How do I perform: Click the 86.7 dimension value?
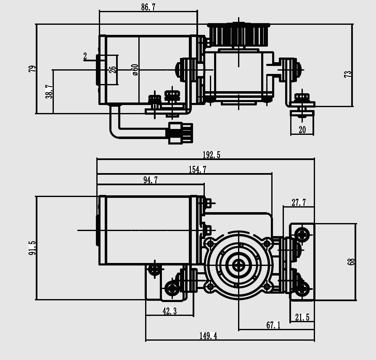[x=148, y=7]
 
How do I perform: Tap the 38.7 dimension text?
[x=49, y=92]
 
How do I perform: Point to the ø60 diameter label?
[x=135, y=70]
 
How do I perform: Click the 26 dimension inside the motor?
[x=112, y=70]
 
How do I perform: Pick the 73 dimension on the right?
[x=348, y=74]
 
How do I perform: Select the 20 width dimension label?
[x=302, y=130]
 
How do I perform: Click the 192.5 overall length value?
[x=211, y=155]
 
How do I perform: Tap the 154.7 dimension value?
[x=197, y=170]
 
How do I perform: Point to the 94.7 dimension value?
[x=150, y=180]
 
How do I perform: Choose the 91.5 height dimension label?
[x=32, y=248]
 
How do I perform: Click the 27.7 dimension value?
[x=299, y=203]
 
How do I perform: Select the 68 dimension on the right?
[x=351, y=261]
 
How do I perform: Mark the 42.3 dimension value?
[x=169, y=311]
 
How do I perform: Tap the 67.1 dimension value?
[x=273, y=325]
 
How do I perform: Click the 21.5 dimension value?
[x=302, y=318]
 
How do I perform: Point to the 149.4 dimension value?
[x=208, y=336]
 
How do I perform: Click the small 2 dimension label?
[x=85, y=56]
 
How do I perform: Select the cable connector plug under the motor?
[x=180, y=133]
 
